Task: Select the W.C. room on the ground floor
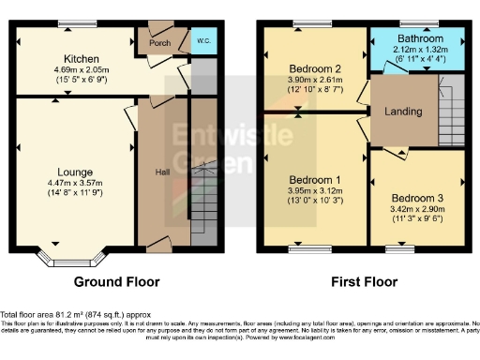click(x=202, y=41)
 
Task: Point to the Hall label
click(x=161, y=172)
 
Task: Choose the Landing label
click(x=404, y=111)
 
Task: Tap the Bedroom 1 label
click(x=315, y=179)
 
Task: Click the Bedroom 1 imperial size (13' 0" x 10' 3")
click(x=315, y=201)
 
